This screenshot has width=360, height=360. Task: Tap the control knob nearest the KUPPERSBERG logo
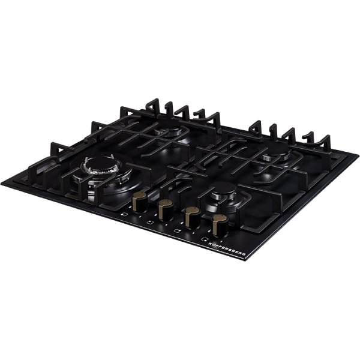click(x=220, y=226)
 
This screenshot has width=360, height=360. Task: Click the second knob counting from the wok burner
click(x=166, y=210)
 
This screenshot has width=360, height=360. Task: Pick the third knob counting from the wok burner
click(x=193, y=217)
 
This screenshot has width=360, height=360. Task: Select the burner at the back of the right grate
click(x=274, y=152)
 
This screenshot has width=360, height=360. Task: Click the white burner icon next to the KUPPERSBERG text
click(x=203, y=239)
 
